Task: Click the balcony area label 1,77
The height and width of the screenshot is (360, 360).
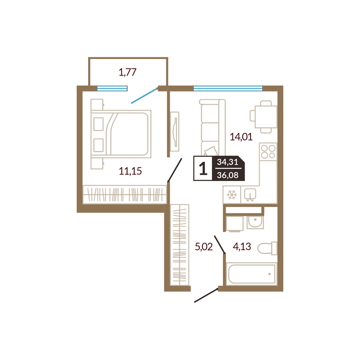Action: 128,72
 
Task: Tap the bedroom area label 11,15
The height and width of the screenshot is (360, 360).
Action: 130,171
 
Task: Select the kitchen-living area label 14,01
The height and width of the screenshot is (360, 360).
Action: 241,137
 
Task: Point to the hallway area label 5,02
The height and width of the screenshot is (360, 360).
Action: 204,247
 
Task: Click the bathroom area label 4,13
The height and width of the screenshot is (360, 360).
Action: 242,247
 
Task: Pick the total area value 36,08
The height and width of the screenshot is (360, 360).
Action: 228,175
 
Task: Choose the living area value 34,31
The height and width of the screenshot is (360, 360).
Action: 228,162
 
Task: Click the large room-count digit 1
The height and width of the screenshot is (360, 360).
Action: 203,168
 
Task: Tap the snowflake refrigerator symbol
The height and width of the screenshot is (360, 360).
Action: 232,195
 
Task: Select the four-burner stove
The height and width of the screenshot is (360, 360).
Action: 268,152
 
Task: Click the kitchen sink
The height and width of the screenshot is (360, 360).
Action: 250,195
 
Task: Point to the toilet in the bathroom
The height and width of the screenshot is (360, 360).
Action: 267,248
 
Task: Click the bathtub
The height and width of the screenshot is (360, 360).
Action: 252,274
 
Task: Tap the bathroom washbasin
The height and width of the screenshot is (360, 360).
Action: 255,222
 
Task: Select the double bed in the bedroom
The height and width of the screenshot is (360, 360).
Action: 121,134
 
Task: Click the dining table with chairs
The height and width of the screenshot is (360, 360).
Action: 264,117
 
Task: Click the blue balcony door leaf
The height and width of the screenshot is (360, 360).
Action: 144,96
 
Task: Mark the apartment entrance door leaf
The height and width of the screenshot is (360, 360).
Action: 206,295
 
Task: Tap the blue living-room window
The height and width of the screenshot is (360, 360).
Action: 228,89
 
